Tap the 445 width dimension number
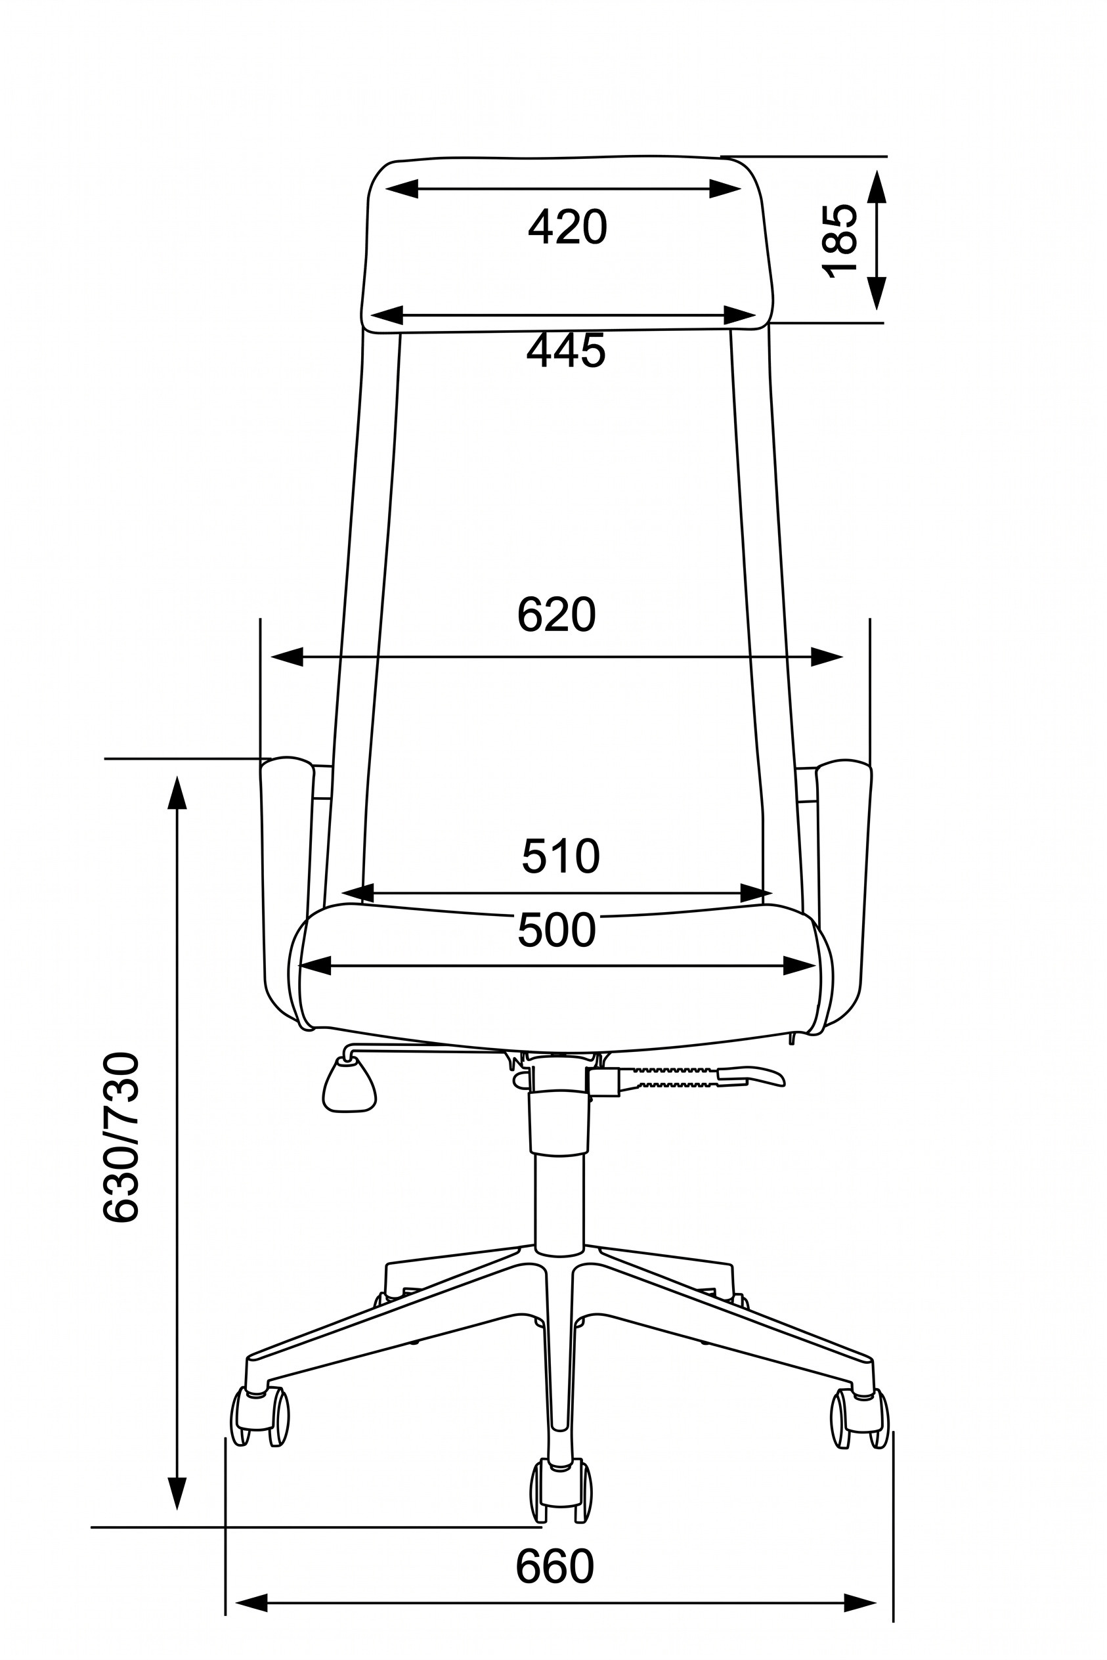(x=566, y=350)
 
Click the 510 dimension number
(x=561, y=856)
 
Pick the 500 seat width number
(x=557, y=929)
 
